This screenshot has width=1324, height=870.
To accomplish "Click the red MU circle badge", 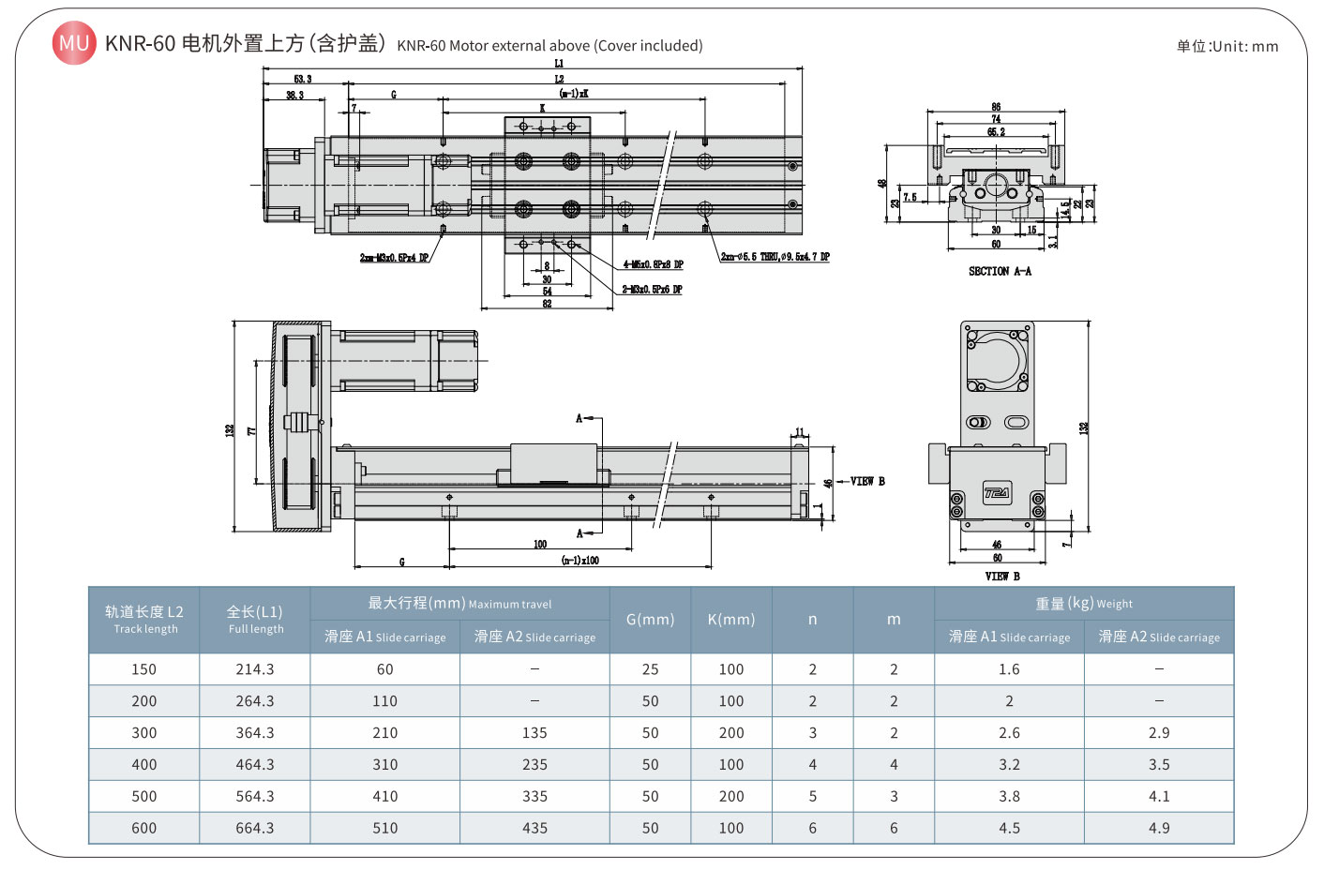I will (x=74, y=43).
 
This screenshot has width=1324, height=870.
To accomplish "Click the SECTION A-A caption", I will (x=1000, y=271).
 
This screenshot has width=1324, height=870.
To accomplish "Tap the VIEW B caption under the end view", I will (x=1002, y=576).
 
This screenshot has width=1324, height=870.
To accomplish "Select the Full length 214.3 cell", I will (x=255, y=669).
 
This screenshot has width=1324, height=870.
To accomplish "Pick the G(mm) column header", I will (x=650, y=620).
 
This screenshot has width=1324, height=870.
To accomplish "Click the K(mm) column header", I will (x=731, y=620).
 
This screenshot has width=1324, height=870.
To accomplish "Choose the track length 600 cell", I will (x=144, y=828).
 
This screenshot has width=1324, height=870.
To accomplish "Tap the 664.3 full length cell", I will (x=255, y=828).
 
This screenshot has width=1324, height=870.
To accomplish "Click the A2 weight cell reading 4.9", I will (x=1159, y=828).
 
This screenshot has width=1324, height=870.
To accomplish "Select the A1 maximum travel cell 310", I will (x=384, y=764).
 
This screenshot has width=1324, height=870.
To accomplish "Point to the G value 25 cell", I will (x=650, y=669).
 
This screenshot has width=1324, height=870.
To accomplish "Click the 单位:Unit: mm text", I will (x=1227, y=46).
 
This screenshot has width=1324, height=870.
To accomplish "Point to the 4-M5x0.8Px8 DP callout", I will (x=653, y=265).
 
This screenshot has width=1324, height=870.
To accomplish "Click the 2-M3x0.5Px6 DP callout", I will (x=652, y=290).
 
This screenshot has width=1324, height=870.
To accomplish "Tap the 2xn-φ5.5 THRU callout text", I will (x=775, y=257).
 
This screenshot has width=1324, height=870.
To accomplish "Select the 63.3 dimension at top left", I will (x=302, y=80).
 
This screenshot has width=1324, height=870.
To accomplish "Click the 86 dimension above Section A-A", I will (x=996, y=107).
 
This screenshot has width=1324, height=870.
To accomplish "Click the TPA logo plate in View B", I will (x=997, y=493).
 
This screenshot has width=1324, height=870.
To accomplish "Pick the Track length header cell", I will (x=144, y=620).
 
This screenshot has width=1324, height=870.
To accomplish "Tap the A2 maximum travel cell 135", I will (x=534, y=732).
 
